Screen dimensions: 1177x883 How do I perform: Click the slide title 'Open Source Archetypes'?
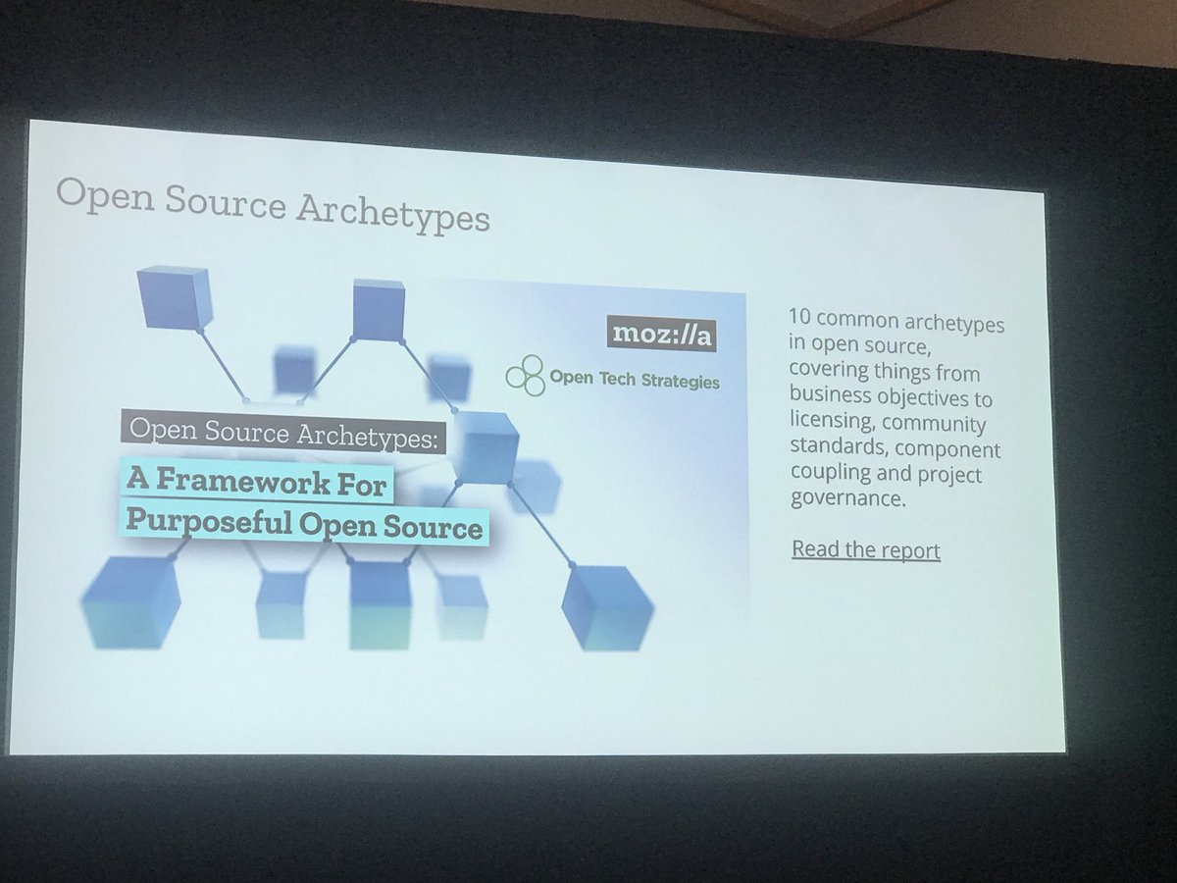(x=272, y=204)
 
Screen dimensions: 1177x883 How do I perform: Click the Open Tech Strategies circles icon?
(x=525, y=376)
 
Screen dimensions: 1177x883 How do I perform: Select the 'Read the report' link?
(x=865, y=549)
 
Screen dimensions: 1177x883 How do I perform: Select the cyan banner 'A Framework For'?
(x=256, y=482)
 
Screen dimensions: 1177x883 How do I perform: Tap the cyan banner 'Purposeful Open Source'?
(x=305, y=527)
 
